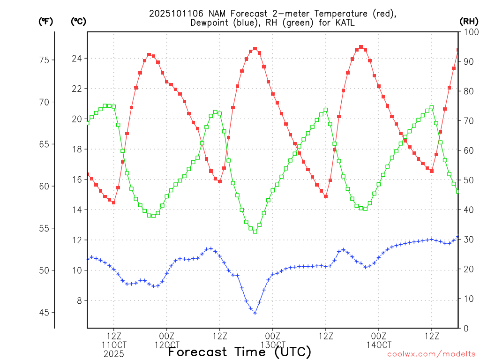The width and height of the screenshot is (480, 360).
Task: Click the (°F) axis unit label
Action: coord(45,21)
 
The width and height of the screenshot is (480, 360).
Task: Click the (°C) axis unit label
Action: coord(78,21)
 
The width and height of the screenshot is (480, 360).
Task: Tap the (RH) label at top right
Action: coord(468,21)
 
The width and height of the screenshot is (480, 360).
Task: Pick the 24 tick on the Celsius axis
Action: coord(76,59)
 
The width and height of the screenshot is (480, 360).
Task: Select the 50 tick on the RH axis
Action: coord(468,180)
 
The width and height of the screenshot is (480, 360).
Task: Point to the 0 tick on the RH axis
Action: coord(466,328)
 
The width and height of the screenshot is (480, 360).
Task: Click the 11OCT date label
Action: coord(114,345)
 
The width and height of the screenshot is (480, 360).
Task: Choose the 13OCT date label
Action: coord(273,345)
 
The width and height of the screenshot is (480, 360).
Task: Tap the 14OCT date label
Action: coord(379,345)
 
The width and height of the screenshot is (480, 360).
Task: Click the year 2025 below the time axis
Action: coord(114,353)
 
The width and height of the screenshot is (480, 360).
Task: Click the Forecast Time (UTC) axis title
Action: coord(240,352)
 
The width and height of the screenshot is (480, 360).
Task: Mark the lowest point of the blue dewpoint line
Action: coord(255,313)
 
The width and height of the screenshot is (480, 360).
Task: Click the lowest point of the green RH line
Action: coord(255,231)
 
